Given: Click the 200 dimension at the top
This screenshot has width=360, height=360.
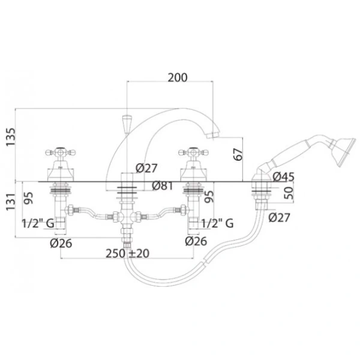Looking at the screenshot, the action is pyautogui.click(x=178, y=77).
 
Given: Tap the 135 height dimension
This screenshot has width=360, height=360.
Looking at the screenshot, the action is pyautogui.click(x=11, y=137).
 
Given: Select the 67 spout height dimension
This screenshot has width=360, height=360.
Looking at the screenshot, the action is pyautogui.click(x=238, y=155).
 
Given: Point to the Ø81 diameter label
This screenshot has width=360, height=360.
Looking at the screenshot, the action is pyautogui.click(x=163, y=186).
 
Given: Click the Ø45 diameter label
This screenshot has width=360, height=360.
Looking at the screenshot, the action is pyautogui.click(x=284, y=177).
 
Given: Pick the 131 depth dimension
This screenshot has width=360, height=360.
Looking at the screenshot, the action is pyautogui.click(x=11, y=202).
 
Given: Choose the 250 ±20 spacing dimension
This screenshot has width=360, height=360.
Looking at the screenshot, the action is pyautogui.click(x=127, y=253).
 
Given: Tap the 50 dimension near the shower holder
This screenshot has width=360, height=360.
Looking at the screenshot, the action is pyautogui.click(x=289, y=193).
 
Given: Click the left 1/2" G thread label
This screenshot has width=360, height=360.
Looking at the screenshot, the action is pyautogui.click(x=38, y=223).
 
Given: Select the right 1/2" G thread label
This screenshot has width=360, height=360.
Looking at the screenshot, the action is pyautogui.click(x=217, y=223).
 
